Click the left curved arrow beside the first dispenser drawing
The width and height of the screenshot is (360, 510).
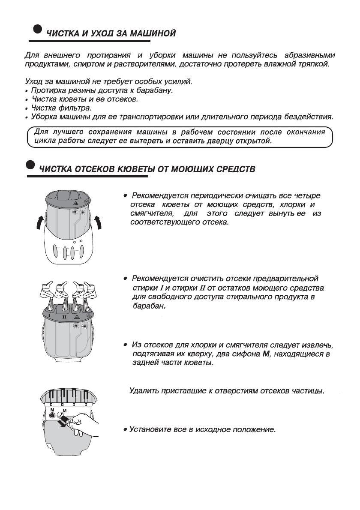pos(39,223)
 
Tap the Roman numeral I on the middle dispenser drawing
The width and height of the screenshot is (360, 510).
pos(50,316)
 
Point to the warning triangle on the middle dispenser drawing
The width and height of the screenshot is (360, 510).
pos(76,317)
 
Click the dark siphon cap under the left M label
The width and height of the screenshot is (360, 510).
pos(52,415)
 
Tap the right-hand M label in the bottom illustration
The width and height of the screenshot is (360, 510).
pos(65,411)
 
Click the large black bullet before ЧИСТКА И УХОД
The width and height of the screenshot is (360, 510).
pos(38,28)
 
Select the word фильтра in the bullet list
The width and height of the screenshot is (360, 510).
pos(75,108)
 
